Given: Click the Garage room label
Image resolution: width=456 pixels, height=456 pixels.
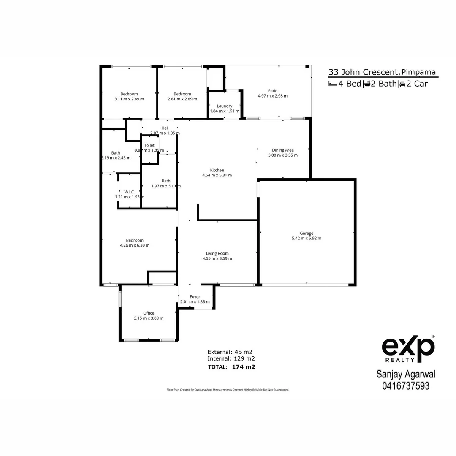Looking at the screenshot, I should point(307,233).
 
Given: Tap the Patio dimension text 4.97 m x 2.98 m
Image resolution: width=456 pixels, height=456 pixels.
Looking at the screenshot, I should point(272,96).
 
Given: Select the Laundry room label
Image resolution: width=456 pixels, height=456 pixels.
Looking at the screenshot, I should point(225,106).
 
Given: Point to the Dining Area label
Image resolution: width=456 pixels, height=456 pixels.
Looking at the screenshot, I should point(282,150).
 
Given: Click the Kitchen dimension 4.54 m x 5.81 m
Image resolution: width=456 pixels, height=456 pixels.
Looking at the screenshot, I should point(217,175).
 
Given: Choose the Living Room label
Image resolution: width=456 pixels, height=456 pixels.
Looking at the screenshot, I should point(217,253).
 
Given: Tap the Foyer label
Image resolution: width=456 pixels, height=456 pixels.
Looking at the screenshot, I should point(195,297).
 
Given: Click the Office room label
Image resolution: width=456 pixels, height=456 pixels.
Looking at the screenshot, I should point(149,313).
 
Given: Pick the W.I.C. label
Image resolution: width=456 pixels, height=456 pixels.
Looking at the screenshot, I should point(130,192).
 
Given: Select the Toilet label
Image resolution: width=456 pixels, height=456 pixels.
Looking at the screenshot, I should point(149,145).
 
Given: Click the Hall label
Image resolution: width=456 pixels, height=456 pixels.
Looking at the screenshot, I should point(165,128).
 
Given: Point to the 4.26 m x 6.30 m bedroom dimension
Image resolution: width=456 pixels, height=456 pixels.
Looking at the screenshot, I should point(135,245).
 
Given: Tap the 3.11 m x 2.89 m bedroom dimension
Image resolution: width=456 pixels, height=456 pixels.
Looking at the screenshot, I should point(129,99).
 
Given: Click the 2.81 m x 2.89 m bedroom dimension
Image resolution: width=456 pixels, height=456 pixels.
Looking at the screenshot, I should point(182,99).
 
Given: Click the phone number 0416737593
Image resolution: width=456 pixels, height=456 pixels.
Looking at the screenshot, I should point(406,385).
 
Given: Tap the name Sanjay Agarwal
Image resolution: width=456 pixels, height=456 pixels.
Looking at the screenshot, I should point(406,374).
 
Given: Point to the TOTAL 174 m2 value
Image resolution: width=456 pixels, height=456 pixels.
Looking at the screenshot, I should point(244,367).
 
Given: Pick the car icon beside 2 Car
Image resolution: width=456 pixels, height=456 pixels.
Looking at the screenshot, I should point(402,84).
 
